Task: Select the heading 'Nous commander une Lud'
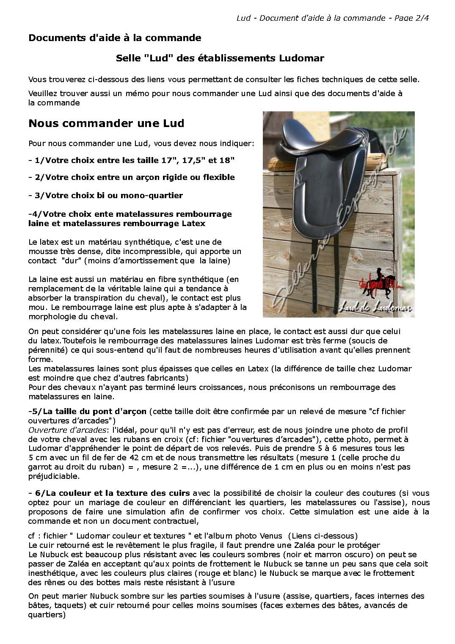106,124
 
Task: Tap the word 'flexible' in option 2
217,177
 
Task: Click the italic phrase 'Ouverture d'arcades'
66,430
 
